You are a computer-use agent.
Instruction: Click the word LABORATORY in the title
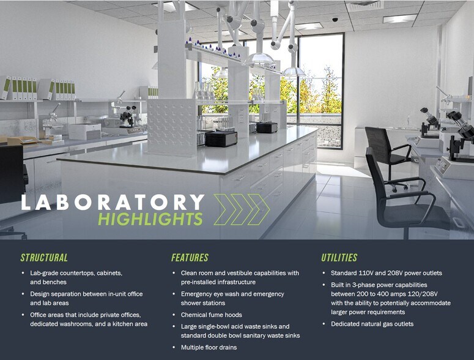[113, 202]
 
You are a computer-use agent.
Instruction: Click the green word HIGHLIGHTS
[150, 219]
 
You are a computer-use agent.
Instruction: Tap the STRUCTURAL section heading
[44, 258]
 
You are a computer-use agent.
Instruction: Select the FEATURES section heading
[190, 258]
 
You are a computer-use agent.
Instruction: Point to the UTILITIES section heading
[339, 258]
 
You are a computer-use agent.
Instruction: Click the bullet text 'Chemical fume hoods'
[211, 315]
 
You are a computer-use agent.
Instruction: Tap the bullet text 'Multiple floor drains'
[209, 348]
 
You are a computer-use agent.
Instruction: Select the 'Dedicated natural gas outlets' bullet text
[372, 324]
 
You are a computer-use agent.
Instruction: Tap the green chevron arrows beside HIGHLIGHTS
[242, 209]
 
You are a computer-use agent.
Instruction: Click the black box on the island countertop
[221, 138]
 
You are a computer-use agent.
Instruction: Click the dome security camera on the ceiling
[335, 20]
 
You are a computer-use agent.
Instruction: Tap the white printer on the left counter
[84, 132]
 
